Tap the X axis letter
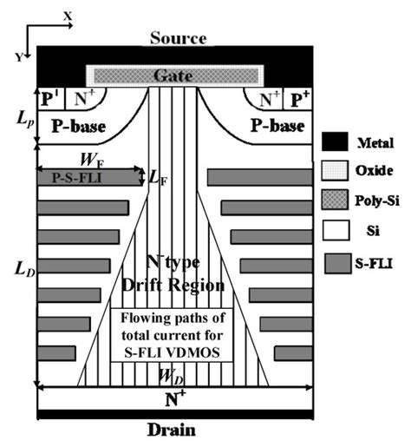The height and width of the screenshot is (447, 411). coord(68,15)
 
